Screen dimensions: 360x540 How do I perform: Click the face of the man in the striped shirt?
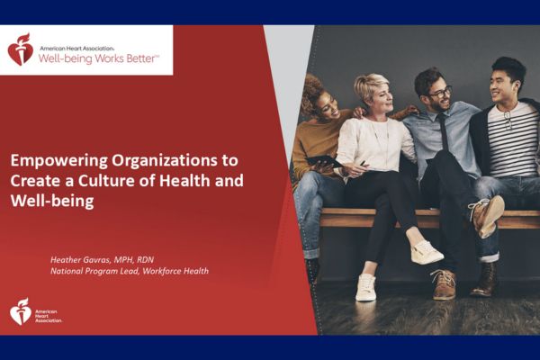tap(500, 86)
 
